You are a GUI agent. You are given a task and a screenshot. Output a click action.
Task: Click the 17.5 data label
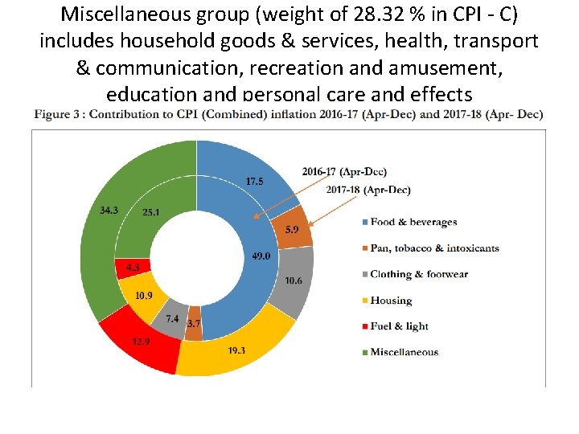254,182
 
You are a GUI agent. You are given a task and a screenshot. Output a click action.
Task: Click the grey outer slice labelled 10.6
294,280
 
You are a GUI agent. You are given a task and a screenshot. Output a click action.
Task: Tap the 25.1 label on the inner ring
151,213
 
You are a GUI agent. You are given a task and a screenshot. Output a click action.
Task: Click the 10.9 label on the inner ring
144,295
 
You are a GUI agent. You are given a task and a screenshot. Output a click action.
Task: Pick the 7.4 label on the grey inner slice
172,319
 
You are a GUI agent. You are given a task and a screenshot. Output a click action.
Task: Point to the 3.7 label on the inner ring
194,323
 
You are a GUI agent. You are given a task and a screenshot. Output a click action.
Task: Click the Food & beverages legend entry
413,222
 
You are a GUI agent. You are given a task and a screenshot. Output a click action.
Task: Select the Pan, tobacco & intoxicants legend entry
434,248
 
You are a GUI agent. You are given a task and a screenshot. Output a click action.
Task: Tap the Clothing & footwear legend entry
419,274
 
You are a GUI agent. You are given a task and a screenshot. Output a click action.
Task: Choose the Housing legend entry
391,301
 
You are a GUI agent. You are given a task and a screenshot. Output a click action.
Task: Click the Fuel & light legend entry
399,326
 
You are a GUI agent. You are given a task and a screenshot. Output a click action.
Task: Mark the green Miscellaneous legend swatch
363,352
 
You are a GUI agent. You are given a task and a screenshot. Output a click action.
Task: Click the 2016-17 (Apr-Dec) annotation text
344,172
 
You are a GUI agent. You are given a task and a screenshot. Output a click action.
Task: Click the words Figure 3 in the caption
59,114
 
